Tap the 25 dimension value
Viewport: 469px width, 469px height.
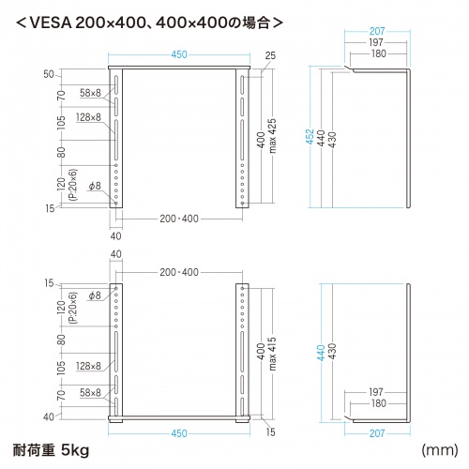point(270,56)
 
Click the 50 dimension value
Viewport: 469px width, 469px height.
point(47,73)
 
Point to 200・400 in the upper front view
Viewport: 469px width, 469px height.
point(179,219)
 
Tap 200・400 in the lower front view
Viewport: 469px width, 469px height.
point(179,272)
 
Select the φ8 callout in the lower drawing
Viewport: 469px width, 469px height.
point(94,295)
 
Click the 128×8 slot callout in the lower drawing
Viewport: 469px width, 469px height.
point(91,367)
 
